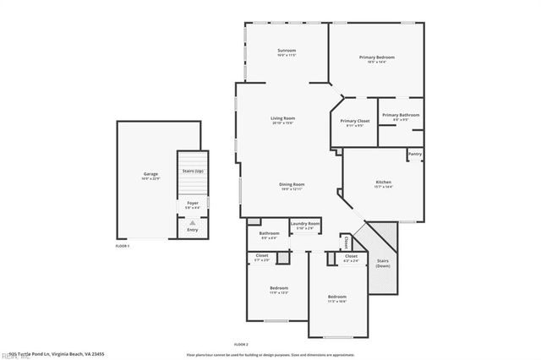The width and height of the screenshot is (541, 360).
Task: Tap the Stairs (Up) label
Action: [192, 171]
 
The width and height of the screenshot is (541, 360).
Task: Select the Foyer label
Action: [192, 203]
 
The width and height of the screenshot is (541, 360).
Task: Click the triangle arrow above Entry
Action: [192, 221]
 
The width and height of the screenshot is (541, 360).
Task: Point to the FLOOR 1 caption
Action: [123, 246]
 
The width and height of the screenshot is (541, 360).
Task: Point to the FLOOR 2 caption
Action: [241, 345]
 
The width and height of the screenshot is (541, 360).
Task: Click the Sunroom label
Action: [287, 51]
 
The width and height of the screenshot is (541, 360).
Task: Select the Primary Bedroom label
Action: [376, 57]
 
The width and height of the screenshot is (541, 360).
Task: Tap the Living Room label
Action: [282, 118]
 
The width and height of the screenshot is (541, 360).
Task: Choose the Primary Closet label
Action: [355, 121]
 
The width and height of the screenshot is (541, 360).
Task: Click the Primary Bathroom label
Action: [400, 115]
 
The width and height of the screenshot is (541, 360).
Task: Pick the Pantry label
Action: [414, 155]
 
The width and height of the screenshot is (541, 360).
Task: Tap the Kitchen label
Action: [383, 183]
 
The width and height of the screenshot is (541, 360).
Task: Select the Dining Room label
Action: [292, 184]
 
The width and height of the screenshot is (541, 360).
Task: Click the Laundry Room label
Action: [304, 224]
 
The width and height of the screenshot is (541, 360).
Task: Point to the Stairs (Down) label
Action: [382, 262]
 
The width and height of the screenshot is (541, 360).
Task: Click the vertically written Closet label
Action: [347, 242]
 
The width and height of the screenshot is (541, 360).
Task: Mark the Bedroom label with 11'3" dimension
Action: [336, 297]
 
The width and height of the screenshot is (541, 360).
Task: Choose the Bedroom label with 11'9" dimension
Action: [279, 289]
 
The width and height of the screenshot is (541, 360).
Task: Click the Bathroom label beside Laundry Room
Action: [269, 233]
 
